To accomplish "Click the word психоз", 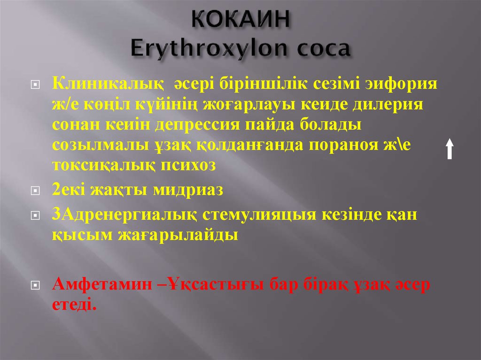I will click(188, 165).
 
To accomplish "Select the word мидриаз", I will click(192, 190).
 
